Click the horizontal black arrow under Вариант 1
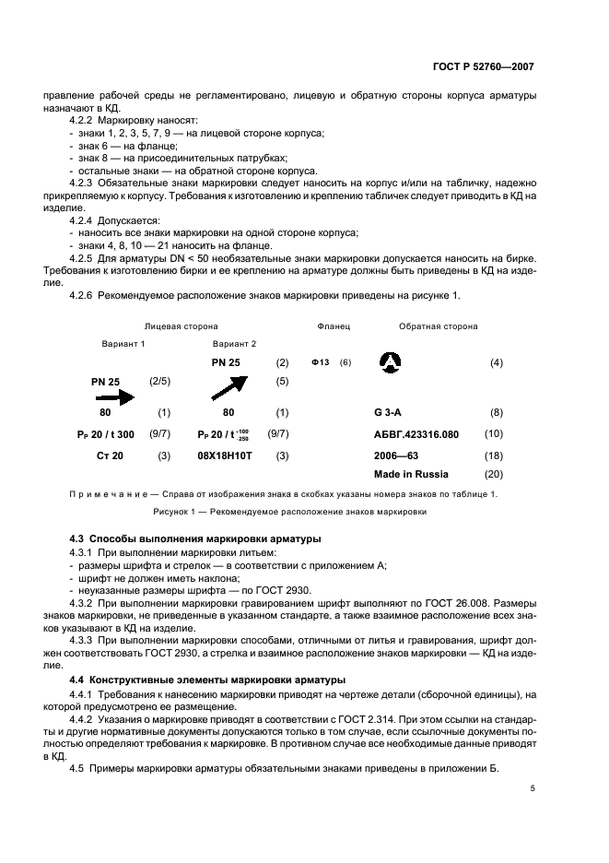tap(113, 396)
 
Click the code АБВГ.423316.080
tap(416, 433)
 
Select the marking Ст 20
tap(110, 455)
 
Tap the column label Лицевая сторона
tap(181, 326)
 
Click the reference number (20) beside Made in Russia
tap(494, 474)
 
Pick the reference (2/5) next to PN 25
tap(159, 380)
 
